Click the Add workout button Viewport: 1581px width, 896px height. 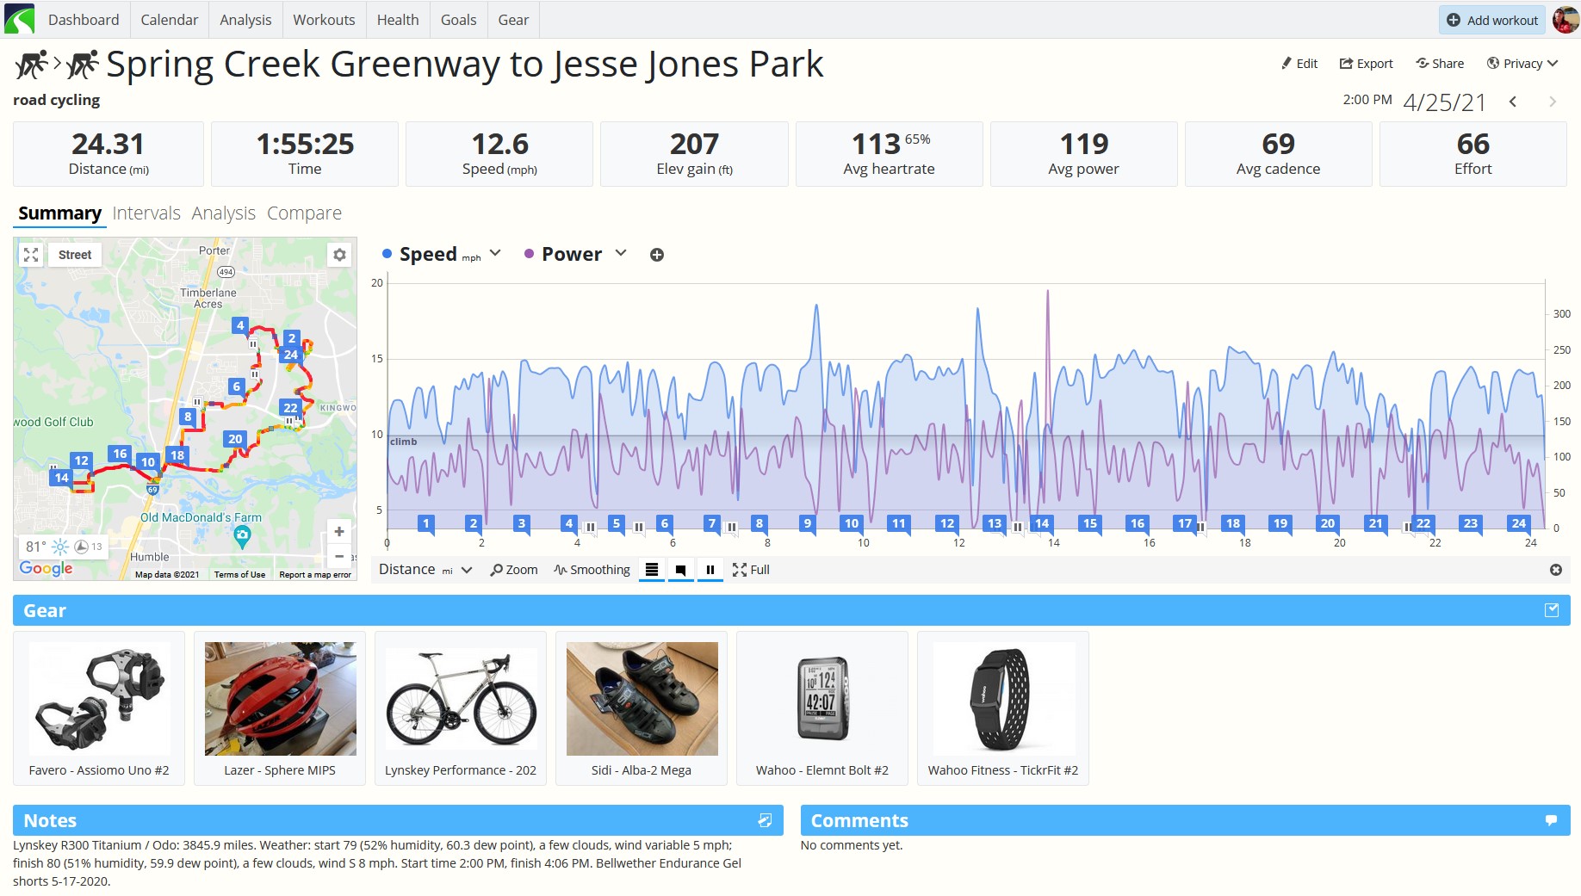coord(1491,20)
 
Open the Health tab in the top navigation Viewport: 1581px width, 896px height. coord(398,20)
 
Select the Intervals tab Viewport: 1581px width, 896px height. coord(146,213)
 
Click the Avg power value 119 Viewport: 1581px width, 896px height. coord(1084,144)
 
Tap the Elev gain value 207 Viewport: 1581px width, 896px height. coord(694,144)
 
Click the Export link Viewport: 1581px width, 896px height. coord(1366,64)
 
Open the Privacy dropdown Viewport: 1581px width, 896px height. coord(1522,64)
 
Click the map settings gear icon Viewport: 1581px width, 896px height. coord(340,255)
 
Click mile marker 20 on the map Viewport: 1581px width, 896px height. coord(235,439)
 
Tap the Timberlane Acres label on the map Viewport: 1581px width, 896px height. coord(208,298)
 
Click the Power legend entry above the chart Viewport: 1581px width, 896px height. coord(572,254)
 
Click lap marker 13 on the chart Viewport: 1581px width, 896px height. coord(995,523)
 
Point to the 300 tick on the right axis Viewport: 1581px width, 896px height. coord(1561,314)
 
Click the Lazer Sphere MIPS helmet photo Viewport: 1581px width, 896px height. coord(280,699)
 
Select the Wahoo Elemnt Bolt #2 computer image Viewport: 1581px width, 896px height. coord(822,699)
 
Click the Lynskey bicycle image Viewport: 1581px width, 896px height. coord(461,699)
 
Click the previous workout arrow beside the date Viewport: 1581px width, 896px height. coord(1513,102)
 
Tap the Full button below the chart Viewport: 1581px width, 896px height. coord(751,570)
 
